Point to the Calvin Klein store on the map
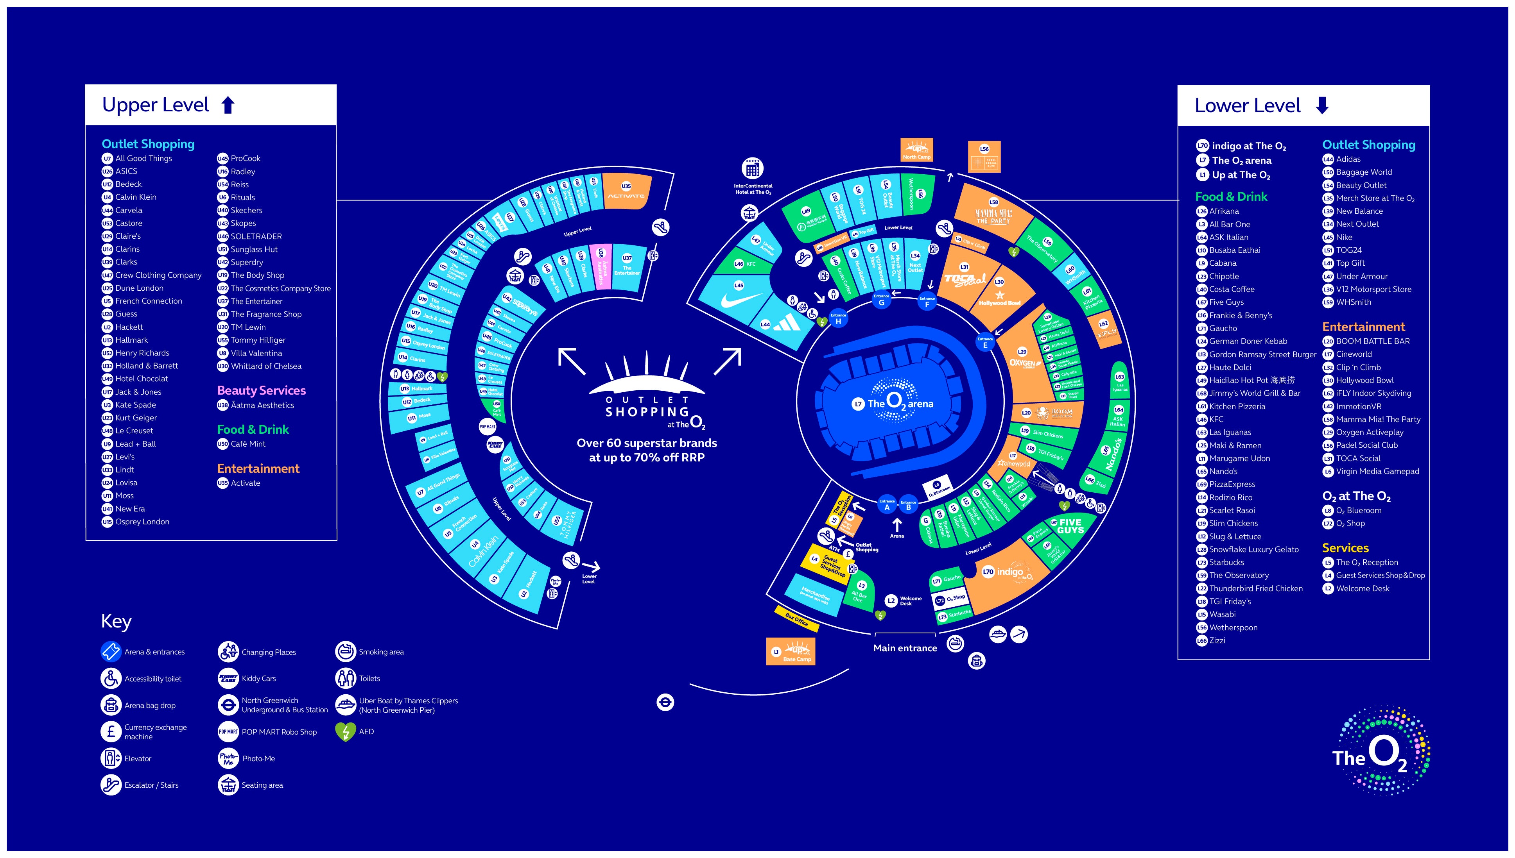[x=483, y=551]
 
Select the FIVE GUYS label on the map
[x=1070, y=526]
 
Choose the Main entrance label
[x=905, y=648]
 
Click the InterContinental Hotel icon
[x=752, y=170]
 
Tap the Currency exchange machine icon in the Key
[x=111, y=731]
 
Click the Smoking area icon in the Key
[x=346, y=652]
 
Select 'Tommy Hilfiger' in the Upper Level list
[x=258, y=340]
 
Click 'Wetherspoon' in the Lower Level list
[x=1233, y=627]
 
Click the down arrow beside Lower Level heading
[x=1321, y=105]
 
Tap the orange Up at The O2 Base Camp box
[x=791, y=652]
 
